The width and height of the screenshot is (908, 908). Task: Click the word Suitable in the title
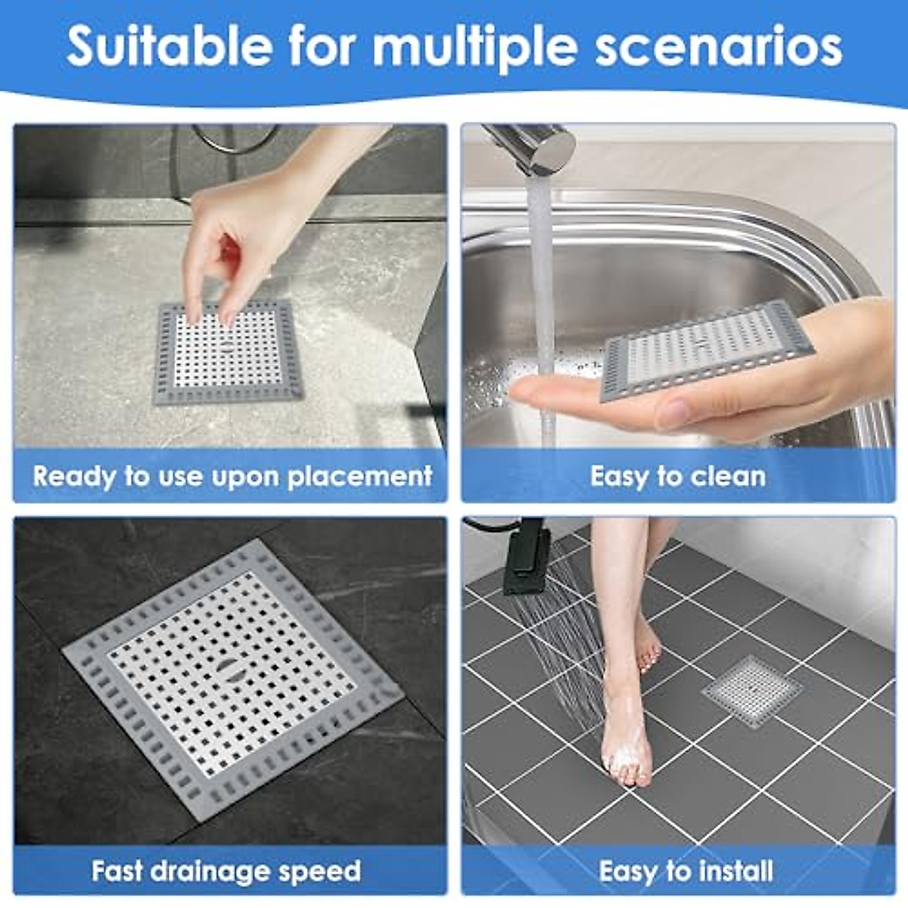click(x=169, y=47)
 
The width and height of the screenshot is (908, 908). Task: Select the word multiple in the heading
click(x=477, y=47)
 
